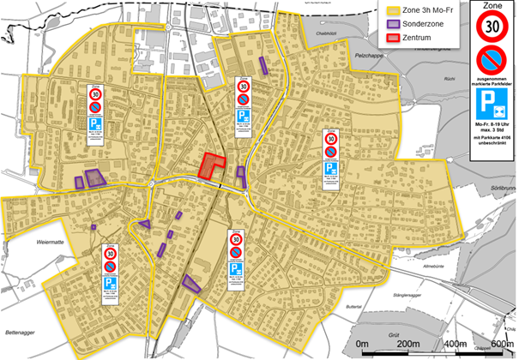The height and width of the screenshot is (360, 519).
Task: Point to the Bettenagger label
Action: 21,332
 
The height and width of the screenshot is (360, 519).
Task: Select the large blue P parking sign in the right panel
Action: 490,106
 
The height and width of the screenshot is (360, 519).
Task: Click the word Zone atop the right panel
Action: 490,7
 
